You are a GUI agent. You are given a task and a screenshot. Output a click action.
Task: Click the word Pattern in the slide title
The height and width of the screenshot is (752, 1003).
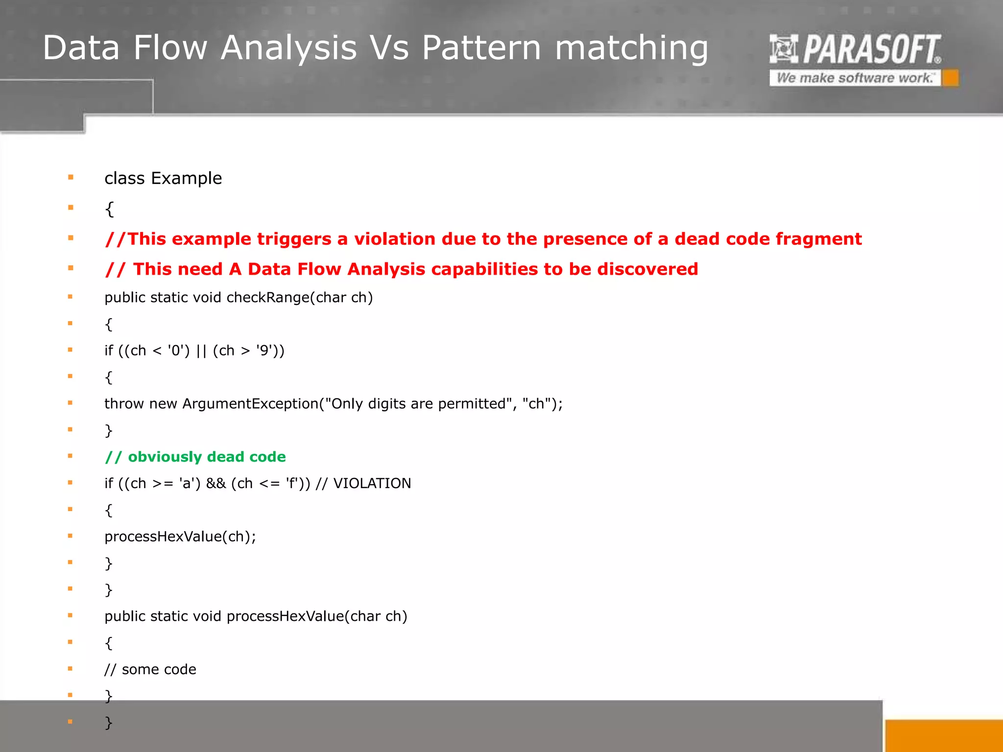click(481, 48)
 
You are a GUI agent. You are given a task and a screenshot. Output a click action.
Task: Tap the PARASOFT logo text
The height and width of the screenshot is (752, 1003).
click(871, 49)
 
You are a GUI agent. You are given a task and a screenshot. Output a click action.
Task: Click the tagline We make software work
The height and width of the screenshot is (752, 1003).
click(855, 78)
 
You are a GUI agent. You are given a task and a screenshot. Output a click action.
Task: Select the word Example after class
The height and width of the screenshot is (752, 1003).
click(186, 178)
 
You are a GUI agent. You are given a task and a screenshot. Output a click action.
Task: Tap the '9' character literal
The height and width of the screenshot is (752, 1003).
click(264, 351)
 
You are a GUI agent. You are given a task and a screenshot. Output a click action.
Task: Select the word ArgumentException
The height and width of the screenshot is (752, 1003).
click(250, 404)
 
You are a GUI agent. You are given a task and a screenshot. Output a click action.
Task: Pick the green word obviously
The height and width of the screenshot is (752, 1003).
click(165, 457)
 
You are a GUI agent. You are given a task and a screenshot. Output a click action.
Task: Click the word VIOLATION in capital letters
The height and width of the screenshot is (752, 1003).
click(372, 484)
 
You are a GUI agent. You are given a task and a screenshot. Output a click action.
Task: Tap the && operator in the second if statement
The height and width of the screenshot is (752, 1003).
click(216, 484)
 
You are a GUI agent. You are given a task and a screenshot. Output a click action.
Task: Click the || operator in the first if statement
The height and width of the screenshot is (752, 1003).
click(201, 351)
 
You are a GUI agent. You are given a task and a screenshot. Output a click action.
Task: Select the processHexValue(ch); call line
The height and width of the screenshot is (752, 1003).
click(180, 537)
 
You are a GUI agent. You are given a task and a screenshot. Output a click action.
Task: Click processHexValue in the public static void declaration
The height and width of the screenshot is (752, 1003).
click(285, 616)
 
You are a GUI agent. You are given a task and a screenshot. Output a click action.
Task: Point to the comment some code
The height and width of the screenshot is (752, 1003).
click(159, 669)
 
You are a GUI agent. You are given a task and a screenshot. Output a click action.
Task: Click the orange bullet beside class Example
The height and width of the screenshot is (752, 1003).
click(71, 177)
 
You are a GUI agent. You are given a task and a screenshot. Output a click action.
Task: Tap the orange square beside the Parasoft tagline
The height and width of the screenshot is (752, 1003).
click(951, 78)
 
